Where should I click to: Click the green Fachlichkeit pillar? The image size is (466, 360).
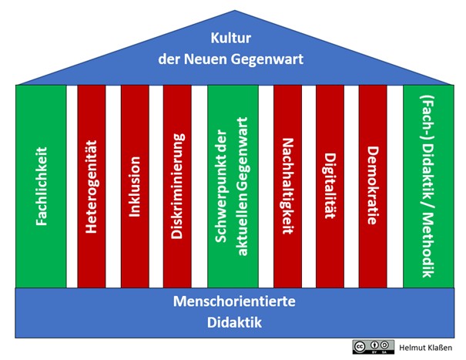click(x=41, y=185)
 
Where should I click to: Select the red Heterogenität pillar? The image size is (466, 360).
click(x=92, y=185)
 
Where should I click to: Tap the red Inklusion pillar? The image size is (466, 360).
click(x=135, y=185)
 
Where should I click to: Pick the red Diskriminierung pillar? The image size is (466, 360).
click(x=177, y=185)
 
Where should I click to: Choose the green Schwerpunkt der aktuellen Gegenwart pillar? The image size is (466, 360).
click(x=233, y=185)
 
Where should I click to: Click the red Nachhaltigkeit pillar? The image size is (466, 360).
click(x=287, y=185)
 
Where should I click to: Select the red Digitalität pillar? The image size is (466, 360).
click(x=330, y=185)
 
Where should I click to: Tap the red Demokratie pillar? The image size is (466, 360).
click(x=372, y=185)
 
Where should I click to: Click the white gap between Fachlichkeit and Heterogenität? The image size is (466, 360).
click(x=72, y=185)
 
